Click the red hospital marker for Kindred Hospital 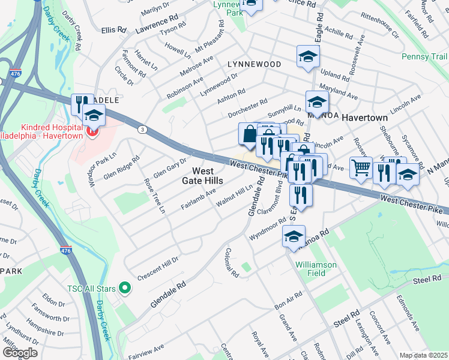(92, 131)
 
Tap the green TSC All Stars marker (125, 289)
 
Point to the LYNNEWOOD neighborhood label (254, 64)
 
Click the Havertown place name (365, 118)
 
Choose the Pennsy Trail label (425, 58)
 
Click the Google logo (19, 353)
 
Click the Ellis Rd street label (114, 29)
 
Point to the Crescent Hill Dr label (158, 269)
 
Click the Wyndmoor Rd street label (268, 230)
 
